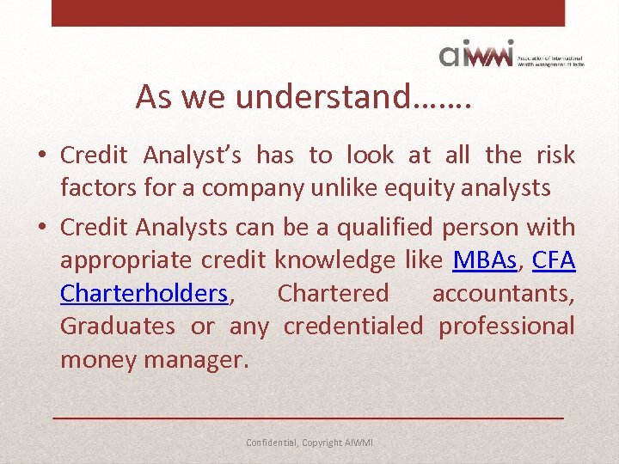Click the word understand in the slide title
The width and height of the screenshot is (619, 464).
pos(323,98)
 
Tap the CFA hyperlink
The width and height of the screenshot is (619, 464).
pos(554,260)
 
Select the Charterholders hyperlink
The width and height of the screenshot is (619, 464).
pos(144,293)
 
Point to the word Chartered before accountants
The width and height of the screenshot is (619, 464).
pos(333,293)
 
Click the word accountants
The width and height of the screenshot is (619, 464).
pos(503,293)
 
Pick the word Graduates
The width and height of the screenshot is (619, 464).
pos(117,327)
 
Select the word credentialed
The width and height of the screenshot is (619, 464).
pos(352,327)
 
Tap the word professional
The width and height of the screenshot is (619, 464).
pos(506,327)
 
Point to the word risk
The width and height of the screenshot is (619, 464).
pos(555,155)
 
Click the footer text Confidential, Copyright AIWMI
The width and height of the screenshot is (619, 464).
pos(309,443)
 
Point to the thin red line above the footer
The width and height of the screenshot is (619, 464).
pos(309,417)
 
